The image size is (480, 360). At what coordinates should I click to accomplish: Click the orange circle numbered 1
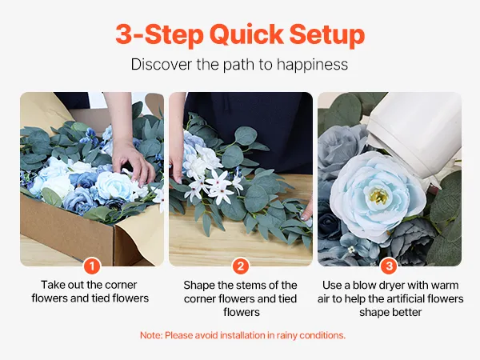(x=92, y=266)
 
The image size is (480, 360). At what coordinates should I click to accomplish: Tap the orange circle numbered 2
(x=240, y=266)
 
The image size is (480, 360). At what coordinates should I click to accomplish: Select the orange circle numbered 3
(x=389, y=266)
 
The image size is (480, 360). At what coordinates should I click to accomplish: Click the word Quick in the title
(x=246, y=34)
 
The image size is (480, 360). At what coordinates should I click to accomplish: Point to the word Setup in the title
(x=327, y=35)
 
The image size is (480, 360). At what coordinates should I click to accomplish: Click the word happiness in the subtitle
(x=312, y=65)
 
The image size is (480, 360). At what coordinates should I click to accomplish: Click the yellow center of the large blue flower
(x=378, y=196)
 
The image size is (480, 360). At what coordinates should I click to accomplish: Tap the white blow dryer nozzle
(x=414, y=134)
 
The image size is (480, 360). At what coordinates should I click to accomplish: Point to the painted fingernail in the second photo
(x=305, y=218)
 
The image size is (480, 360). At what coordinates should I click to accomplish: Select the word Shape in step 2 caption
(x=199, y=286)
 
